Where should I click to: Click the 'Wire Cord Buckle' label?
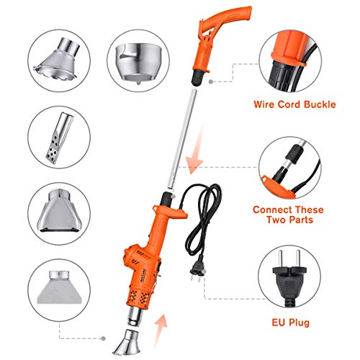click(x=294, y=104)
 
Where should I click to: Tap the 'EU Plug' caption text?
click(x=290, y=323)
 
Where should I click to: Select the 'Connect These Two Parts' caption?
click(x=288, y=215)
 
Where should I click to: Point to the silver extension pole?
click(x=182, y=139)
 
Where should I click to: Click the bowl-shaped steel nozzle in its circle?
click(x=138, y=63)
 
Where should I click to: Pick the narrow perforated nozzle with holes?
click(x=59, y=138)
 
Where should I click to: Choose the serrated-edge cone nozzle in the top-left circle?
click(x=58, y=60)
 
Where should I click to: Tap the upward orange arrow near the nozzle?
click(x=160, y=331)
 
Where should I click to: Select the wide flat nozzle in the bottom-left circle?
click(x=59, y=287)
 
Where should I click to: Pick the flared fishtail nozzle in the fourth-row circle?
click(x=59, y=211)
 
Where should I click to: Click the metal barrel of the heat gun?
click(x=135, y=317)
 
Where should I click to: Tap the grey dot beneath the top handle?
click(x=211, y=82)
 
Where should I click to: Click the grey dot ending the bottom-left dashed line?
click(x=104, y=338)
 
